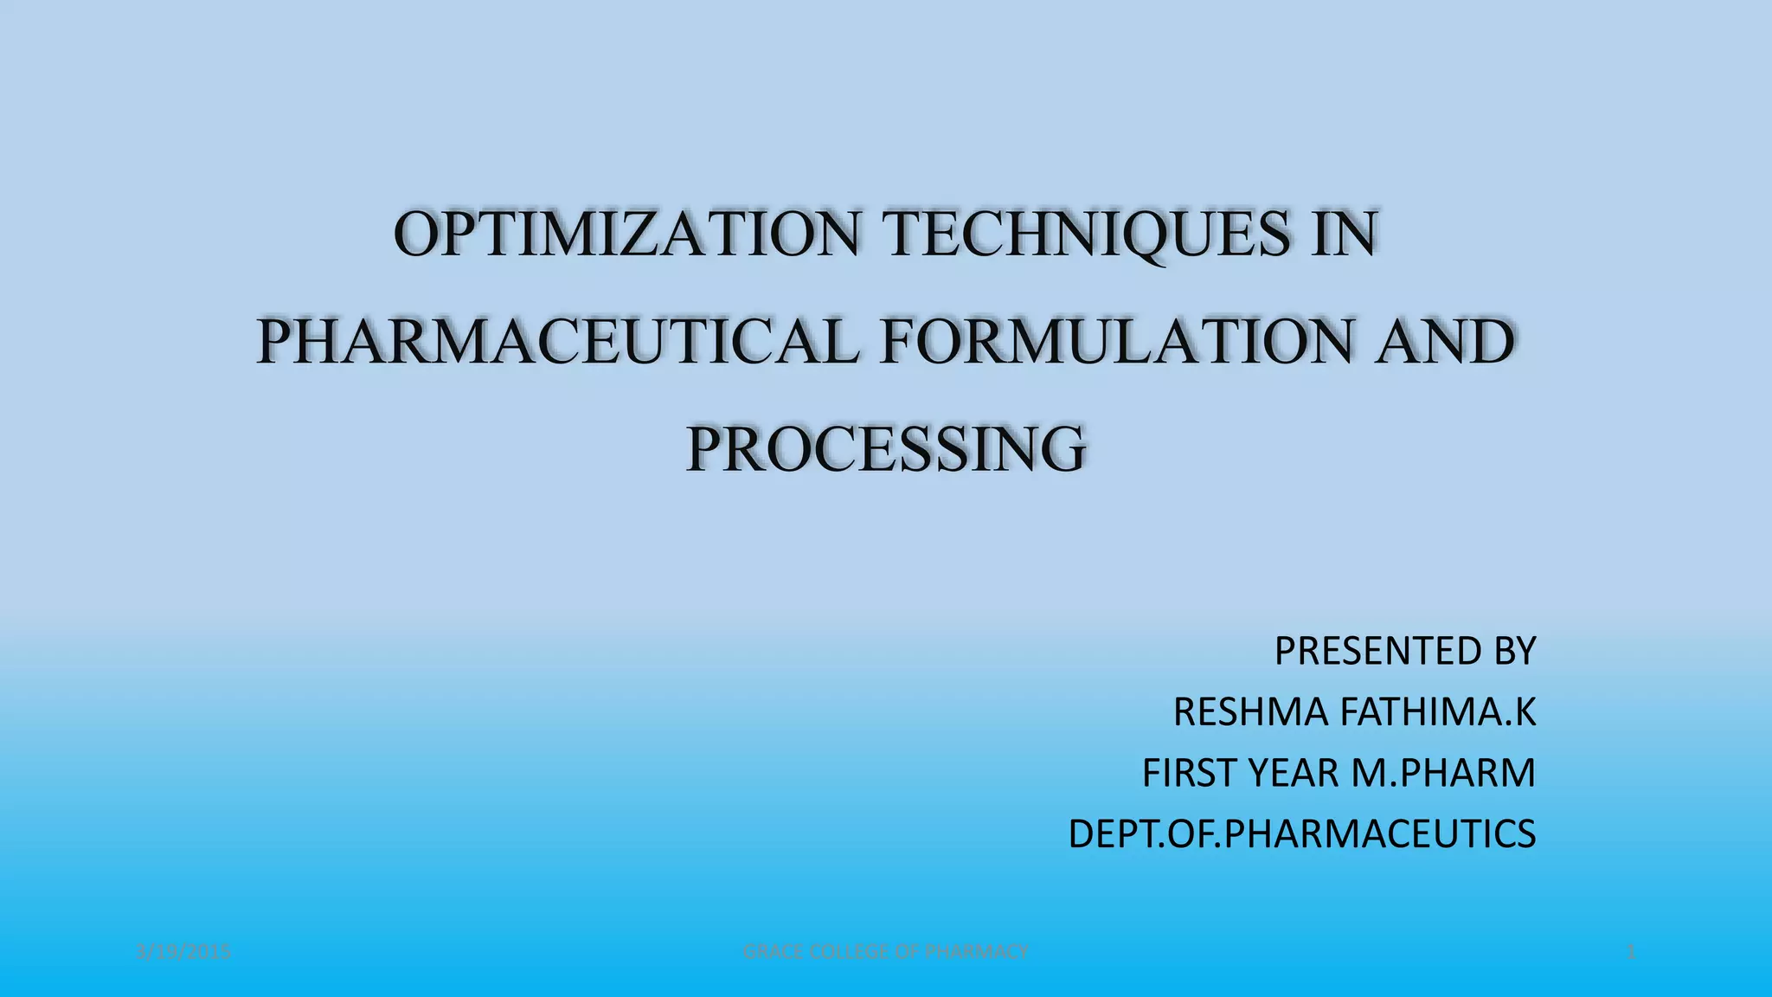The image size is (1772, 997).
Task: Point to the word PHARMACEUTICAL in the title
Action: point(558,342)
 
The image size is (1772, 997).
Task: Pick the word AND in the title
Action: point(1445,342)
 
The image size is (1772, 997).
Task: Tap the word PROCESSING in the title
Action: point(886,448)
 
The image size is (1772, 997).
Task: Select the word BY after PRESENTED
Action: point(1506,651)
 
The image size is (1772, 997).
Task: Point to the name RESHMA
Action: point(1251,712)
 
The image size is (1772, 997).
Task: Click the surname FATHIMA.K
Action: point(1438,712)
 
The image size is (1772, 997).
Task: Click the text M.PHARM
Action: point(1443,773)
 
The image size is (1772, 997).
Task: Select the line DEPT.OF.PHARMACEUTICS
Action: point(1302,834)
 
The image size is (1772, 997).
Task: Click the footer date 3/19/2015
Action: point(184,952)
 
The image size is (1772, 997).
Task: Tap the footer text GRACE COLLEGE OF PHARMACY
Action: point(886,952)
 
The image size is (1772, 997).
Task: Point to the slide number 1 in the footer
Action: point(1632,952)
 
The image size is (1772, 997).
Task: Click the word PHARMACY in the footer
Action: point(976,952)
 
